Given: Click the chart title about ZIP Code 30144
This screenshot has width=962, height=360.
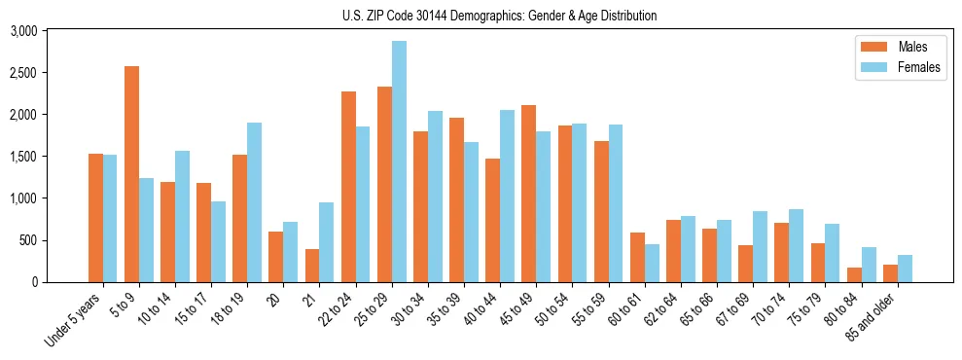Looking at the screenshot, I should coord(499,16).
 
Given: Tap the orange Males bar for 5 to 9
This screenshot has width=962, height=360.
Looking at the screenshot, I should coord(131,174).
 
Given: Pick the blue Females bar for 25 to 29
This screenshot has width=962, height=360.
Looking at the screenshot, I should coord(399,162).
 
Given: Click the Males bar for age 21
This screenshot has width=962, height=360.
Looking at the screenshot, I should coord(312,266).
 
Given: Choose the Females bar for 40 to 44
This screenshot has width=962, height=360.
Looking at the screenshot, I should coord(507,196).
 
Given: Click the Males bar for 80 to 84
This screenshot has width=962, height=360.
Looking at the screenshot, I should coord(854,274).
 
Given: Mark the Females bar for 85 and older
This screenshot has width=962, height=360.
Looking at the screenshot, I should coord(905,269).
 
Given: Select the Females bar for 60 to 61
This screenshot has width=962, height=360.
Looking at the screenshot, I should coord(652,263).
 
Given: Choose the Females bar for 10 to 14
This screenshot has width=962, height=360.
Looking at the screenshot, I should coord(182,216).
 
